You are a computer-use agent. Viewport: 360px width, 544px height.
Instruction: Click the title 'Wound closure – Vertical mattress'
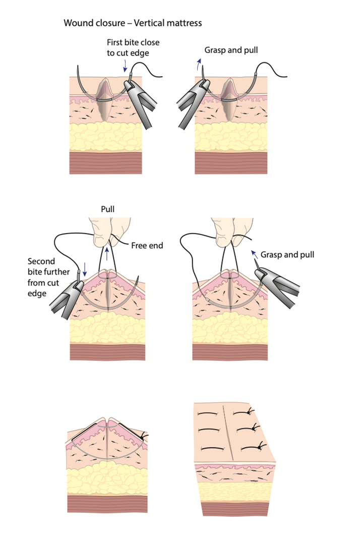coord(133,23)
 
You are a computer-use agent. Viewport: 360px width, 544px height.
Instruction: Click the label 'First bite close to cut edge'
coord(133,47)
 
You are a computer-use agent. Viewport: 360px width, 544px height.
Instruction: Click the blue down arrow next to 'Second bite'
coord(85,270)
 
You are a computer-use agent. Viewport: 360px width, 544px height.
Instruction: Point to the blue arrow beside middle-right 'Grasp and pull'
coord(254,254)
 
